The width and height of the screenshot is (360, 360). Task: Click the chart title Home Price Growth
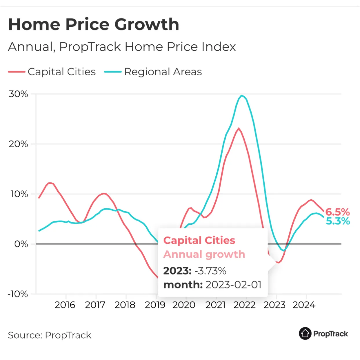click(94, 24)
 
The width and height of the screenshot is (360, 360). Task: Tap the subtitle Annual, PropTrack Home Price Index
click(122, 47)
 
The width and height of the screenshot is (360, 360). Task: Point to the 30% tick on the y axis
click(18, 94)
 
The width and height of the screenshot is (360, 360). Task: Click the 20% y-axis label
click(18, 144)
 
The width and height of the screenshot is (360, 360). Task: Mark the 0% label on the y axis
click(21, 244)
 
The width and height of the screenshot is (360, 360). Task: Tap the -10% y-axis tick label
click(18, 294)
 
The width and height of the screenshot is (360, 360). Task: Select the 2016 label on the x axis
click(65, 305)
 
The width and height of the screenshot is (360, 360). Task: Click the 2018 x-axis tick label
click(125, 305)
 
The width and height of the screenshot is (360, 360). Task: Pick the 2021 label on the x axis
click(215, 305)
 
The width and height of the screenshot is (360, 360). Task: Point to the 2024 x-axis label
click(304, 305)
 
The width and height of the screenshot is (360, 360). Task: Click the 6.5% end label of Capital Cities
click(337, 212)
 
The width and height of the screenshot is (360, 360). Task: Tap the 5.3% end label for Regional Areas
click(338, 221)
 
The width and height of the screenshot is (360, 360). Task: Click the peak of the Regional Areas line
click(241, 96)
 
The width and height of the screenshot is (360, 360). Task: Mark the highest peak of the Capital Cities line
click(239, 128)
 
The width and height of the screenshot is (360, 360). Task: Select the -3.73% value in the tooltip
click(210, 271)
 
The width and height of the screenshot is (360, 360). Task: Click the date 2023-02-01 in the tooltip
click(233, 285)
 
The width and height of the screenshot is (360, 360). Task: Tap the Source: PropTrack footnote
click(50, 335)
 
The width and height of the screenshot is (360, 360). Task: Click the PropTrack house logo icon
click(305, 334)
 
